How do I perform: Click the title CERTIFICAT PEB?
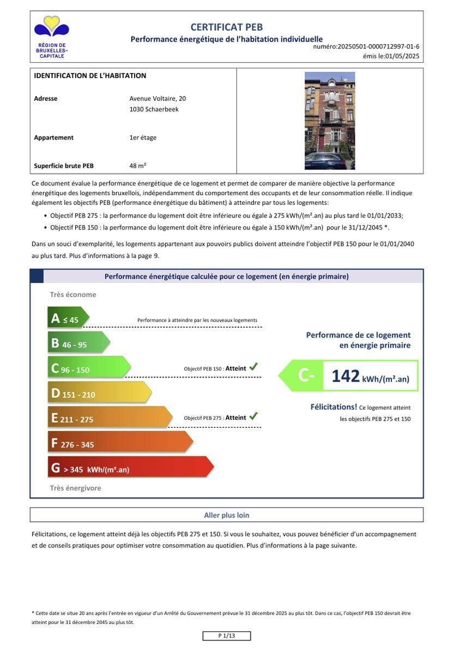point(226,27)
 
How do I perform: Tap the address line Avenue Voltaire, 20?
point(157,99)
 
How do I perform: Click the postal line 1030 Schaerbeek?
point(154,109)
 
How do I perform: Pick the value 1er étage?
point(143,138)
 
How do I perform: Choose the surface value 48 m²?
point(137,165)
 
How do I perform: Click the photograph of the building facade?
point(330,120)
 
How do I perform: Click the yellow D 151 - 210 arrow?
point(98,393)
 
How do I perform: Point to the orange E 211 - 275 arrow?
point(108,418)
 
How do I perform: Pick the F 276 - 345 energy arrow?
point(119,443)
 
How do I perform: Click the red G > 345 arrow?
point(130,468)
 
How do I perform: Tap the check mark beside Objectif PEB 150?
point(253,367)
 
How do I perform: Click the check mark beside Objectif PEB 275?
point(253,416)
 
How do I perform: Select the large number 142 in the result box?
point(345,377)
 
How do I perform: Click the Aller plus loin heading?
point(226,515)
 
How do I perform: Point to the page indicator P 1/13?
point(226,636)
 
